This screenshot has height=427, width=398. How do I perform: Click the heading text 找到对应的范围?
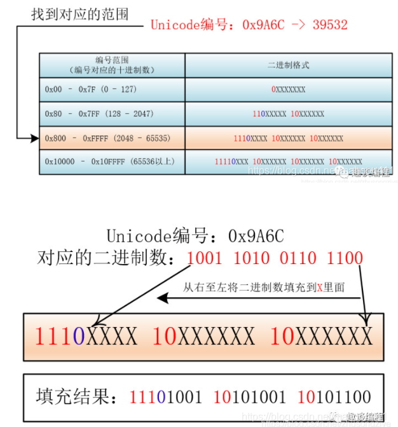click(79, 13)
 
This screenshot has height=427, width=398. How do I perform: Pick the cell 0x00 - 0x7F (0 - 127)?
click(91, 90)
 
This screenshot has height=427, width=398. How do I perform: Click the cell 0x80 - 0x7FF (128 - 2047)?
click(99, 114)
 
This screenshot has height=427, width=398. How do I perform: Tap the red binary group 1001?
click(206, 258)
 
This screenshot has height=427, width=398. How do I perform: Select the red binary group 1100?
click(345, 258)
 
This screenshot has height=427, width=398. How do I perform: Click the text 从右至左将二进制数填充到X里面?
click(263, 287)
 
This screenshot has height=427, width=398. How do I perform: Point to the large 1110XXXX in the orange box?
click(86, 335)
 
